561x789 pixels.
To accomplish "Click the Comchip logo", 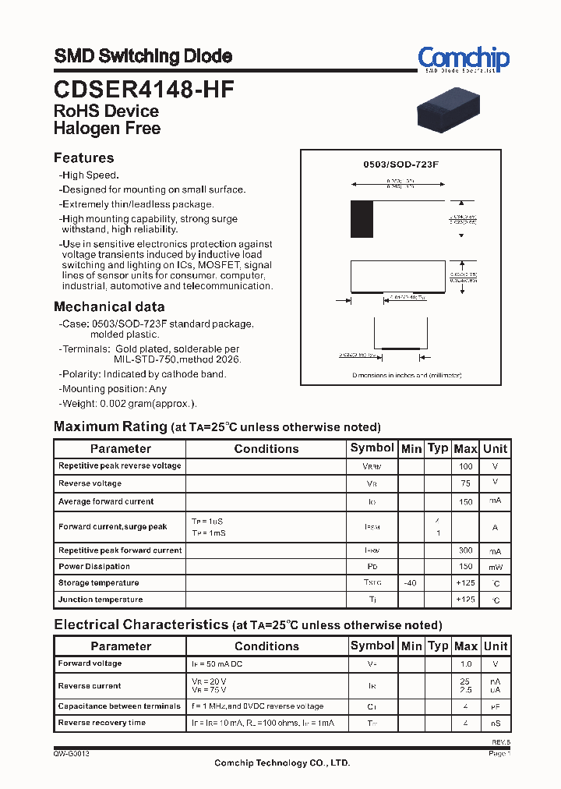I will tap(463, 59).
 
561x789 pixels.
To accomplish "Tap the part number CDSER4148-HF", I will tap(143, 89).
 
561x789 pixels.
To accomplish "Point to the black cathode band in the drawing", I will tap(362, 219).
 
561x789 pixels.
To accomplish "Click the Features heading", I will tap(83, 157).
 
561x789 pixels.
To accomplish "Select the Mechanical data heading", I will tap(109, 306).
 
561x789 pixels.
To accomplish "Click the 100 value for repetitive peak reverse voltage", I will tap(465, 466).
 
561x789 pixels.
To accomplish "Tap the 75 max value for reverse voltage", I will tap(465, 483).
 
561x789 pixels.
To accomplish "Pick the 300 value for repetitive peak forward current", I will tap(465, 550).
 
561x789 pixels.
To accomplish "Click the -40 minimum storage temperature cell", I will tap(411, 583).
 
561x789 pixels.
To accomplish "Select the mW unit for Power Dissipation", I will tap(495, 567).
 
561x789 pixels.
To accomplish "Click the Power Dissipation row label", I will tap(94, 567).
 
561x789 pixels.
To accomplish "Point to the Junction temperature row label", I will tap(101, 600).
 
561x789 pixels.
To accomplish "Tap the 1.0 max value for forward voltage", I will tap(465, 664).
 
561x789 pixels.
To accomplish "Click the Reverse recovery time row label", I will tap(102, 723).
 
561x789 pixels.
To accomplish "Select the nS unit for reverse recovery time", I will tap(495, 724).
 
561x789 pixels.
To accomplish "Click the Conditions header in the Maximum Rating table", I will tap(266, 448).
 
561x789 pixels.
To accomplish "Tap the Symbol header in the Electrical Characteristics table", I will tap(372, 646).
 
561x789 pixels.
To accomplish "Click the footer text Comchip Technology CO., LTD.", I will tap(282, 762).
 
